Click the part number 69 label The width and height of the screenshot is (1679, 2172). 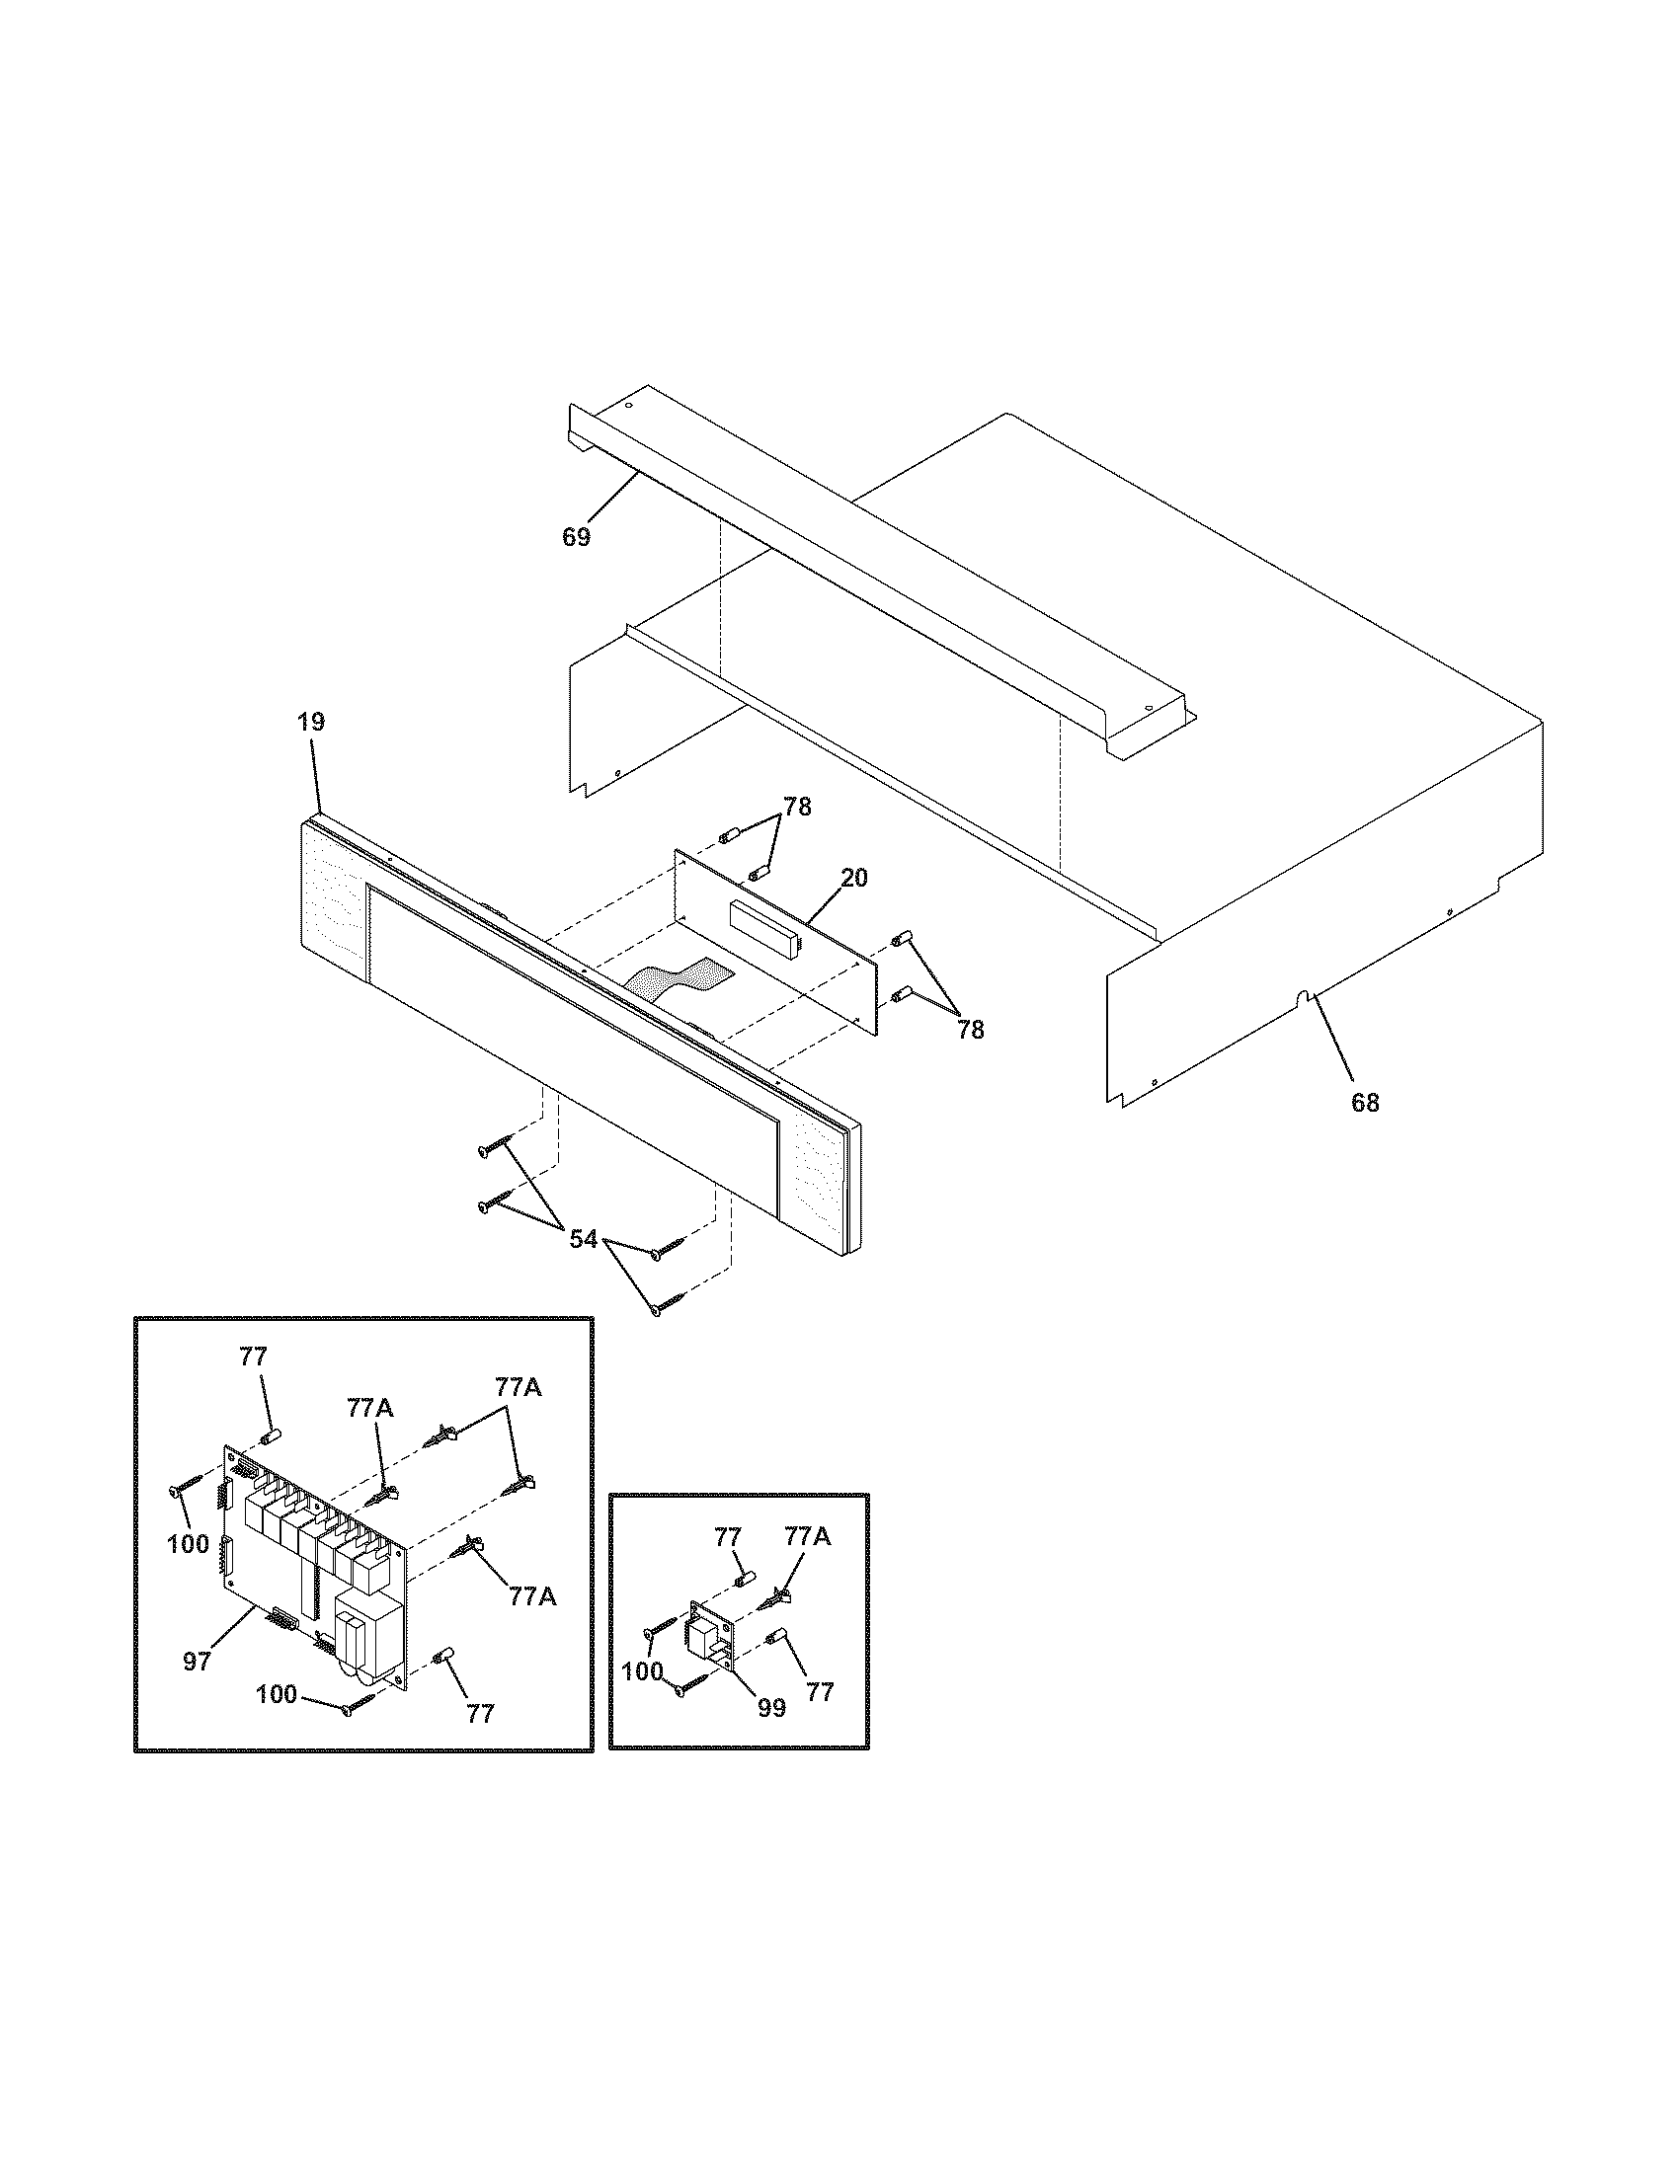tap(576, 537)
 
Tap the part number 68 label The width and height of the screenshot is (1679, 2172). tap(1365, 1102)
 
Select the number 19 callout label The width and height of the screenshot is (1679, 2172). tap(311, 722)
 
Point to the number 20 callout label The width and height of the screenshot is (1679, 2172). tap(853, 877)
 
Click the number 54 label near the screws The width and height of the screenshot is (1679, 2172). tap(584, 1239)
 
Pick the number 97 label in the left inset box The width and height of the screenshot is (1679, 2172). tap(197, 1661)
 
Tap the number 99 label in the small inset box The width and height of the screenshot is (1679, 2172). tap(771, 1708)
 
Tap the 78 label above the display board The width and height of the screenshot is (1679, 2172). tap(797, 808)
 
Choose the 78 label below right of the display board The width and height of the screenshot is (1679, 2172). tap(970, 1031)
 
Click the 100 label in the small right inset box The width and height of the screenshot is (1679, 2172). tap(642, 1671)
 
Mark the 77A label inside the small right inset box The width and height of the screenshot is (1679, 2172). tap(808, 1537)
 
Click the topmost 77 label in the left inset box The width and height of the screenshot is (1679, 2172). tap(254, 1356)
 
